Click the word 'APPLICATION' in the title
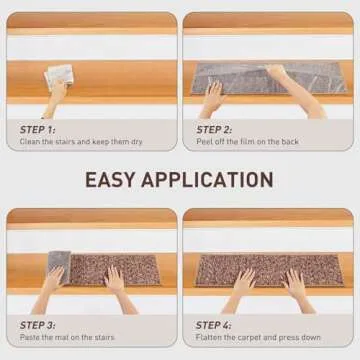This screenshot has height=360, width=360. [209, 180]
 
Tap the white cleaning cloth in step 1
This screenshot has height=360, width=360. [60, 75]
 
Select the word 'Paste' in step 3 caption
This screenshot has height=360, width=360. [31, 338]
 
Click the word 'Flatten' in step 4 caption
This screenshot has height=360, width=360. [211, 338]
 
